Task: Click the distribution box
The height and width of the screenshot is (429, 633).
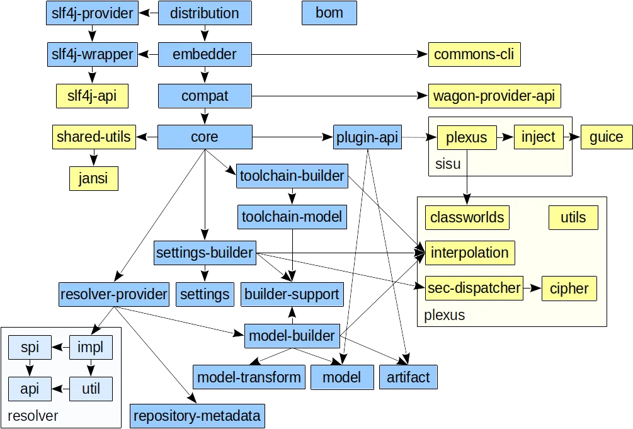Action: (204, 13)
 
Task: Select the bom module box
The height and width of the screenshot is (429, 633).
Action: (329, 13)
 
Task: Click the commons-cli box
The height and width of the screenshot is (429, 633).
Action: (474, 55)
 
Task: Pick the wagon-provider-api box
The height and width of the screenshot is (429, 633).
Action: (494, 96)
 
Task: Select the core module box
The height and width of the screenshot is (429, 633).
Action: (204, 137)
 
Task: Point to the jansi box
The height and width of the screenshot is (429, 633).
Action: (93, 178)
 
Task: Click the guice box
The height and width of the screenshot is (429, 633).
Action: (606, 137)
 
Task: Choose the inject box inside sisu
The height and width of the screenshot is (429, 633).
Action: (539, 137)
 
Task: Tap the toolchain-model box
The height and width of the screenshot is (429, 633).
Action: (292, 218)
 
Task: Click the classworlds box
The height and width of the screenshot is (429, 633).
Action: (467, 218)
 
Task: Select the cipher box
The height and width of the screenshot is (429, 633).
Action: (568, 289)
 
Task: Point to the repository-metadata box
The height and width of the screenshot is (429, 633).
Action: (197, 416)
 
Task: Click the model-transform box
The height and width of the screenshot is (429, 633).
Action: (249, 377)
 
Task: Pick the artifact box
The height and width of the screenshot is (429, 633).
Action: (408, 377)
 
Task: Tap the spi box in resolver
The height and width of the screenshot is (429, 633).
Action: (30, 346)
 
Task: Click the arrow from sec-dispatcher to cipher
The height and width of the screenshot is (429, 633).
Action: (532, 289)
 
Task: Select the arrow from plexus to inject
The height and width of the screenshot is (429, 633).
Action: (506, 137)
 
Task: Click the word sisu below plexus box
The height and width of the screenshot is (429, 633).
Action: (448, 164)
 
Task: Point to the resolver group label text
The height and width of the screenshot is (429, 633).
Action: (33, 416)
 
